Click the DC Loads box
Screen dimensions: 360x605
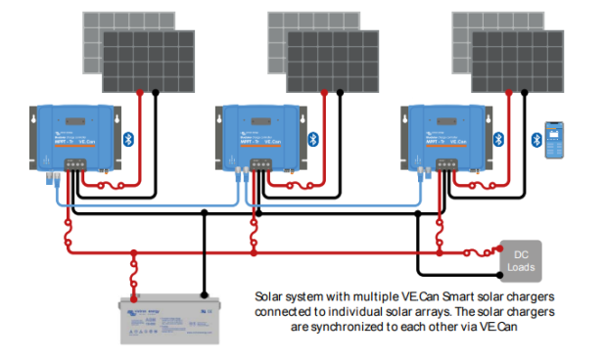tap(520, 261)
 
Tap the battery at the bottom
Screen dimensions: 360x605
tap(162, 319)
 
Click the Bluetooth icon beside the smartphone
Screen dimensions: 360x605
tap(536, 140)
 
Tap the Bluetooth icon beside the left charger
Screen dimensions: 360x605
tap(127, 140)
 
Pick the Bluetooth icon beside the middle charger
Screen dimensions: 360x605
tap(313, 140)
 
